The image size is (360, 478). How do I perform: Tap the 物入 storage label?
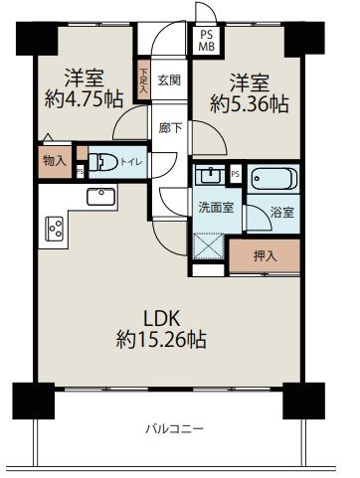pyautogui.click(x=55, y=160)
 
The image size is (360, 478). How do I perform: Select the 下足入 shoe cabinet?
pyautogui.click(x=143, y=79)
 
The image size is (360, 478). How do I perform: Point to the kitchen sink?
pyautogui.click(x=101, y=197)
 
